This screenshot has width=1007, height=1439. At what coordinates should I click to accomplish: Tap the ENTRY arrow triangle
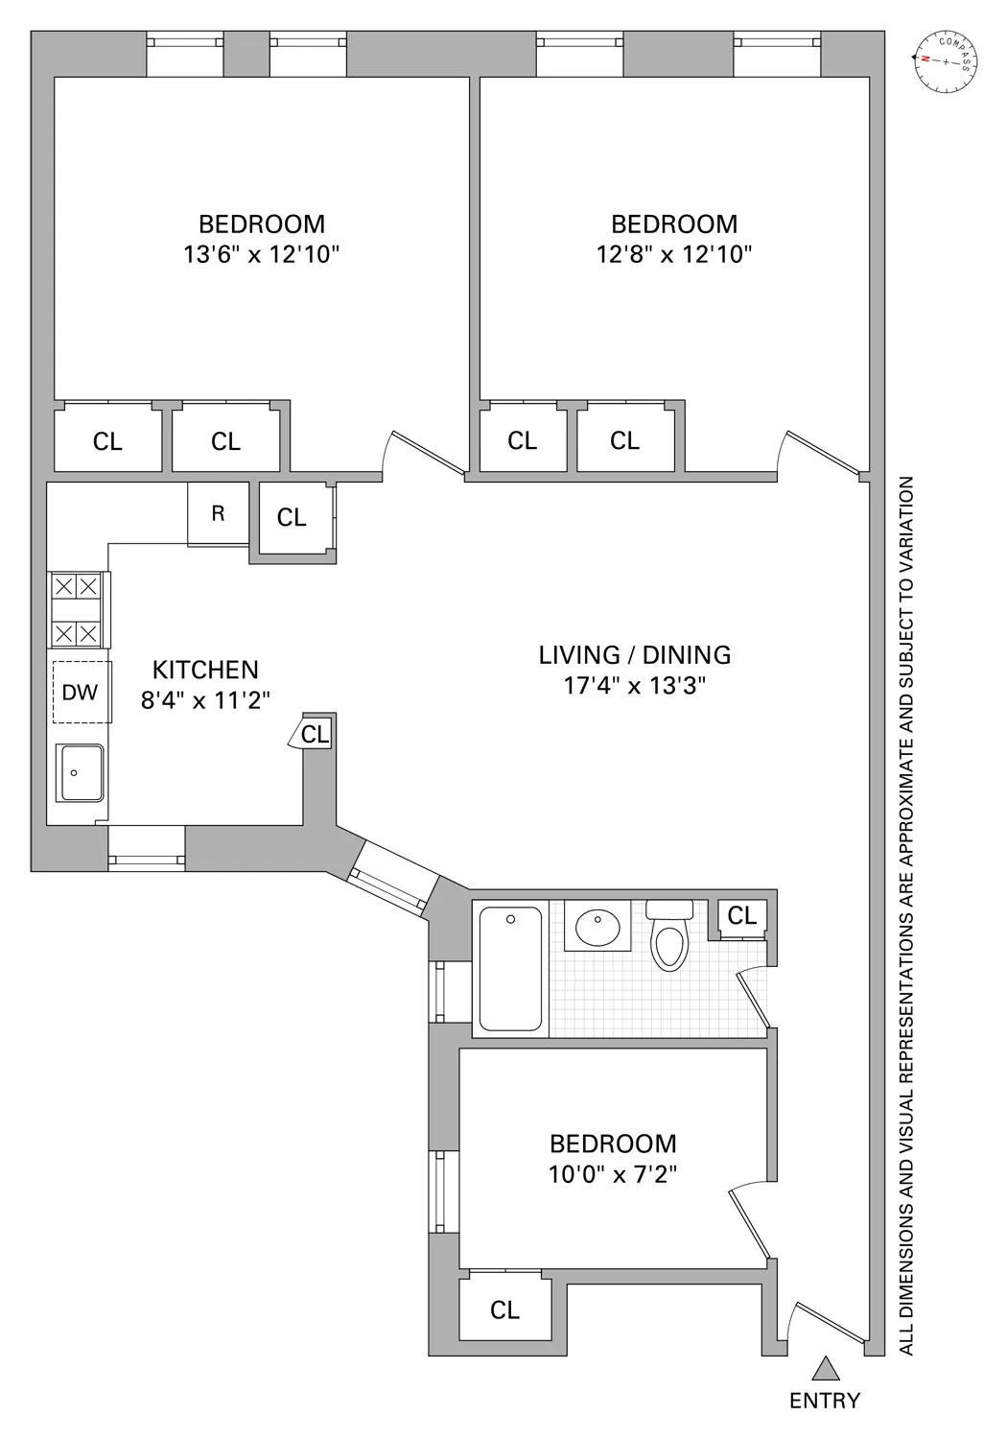(825, 1368)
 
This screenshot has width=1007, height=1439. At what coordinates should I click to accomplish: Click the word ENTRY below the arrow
(825, 1401)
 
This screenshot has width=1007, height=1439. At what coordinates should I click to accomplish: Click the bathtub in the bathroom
(510, 969)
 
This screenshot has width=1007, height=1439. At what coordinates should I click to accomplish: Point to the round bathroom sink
(597, 927)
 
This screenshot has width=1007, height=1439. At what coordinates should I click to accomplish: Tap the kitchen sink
(82, 772)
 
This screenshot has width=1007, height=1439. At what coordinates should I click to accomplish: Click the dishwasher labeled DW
(81, 692)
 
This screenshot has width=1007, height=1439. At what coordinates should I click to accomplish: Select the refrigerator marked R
(218, 513)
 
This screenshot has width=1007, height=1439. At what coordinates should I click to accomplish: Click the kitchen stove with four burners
(76, 609)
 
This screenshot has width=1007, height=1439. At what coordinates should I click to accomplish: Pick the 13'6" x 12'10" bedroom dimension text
(262, 255)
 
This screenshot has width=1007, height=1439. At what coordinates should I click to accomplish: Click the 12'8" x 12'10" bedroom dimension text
(674, 255)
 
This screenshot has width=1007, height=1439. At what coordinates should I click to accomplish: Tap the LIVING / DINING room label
(635, 655)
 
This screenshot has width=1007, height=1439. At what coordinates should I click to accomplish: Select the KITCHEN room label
(206, 670)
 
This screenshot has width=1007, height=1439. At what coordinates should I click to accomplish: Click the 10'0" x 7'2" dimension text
(613, 1174)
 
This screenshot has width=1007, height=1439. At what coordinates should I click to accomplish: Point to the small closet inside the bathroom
(741, 916)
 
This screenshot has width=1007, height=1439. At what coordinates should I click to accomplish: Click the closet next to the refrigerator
(292, 518)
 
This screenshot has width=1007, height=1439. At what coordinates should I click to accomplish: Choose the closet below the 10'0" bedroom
(504, 1309)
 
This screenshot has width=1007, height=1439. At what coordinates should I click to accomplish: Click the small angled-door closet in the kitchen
(315, 734)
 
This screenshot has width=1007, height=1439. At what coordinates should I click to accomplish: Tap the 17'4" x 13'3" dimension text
(635, 686)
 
